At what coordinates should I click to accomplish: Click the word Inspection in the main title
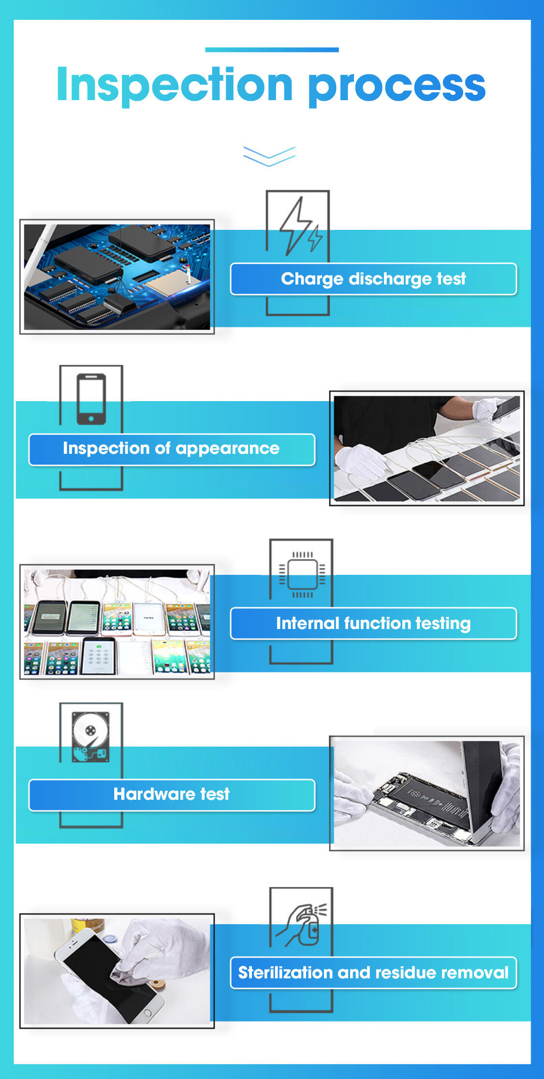pos(175,85)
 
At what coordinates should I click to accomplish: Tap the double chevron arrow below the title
pos(269,156)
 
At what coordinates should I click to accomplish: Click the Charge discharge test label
pos(373,279)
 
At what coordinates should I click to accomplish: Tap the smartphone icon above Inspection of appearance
pos(91,399)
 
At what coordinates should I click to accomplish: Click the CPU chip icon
pos(302,574)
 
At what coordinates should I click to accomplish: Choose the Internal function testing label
pos(373,623)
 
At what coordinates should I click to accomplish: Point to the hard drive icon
pos(90,737)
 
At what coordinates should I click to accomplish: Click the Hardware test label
pos(172,794)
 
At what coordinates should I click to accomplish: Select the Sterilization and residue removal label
pos(373,973)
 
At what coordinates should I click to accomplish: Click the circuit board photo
pos(117,277)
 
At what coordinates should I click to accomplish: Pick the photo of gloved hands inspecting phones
pos(427,449)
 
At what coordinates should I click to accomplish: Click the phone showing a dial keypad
pos(99,656)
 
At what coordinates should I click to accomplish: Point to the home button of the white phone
pos(148,1012)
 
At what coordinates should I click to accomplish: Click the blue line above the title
pos(272,49)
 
